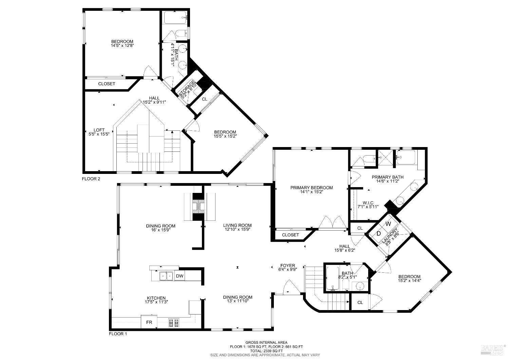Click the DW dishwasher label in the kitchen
click(x=180, y=276)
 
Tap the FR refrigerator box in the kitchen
click(x=149, y=322)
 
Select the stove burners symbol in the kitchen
click(x=174, y=323)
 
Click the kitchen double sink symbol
click(x=166, y=276)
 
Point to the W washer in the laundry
click(x=389, y=224)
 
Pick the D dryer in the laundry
click(x=379, y=234)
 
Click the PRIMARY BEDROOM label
click(x=311, y=187)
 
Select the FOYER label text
click(x=287, y=265)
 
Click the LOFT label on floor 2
click(x=99, y=130)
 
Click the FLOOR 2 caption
click(x=91, y=179)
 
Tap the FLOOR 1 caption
click(x=118, y=334)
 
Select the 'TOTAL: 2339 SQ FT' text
click(x=266, y=350)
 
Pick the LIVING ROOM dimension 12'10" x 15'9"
click(x=237, y=230)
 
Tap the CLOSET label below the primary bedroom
click(x=290, y=235)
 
